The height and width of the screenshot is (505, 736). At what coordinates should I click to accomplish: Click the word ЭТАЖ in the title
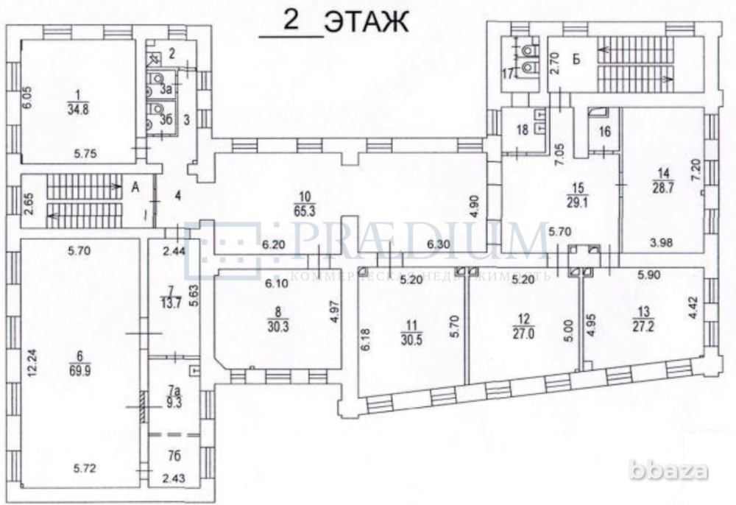(366, 21)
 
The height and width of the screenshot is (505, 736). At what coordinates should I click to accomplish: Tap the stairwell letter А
(135, 187)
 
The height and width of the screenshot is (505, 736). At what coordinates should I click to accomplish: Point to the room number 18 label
(522, 130)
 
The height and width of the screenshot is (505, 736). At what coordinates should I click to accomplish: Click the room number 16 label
(604, 132)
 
